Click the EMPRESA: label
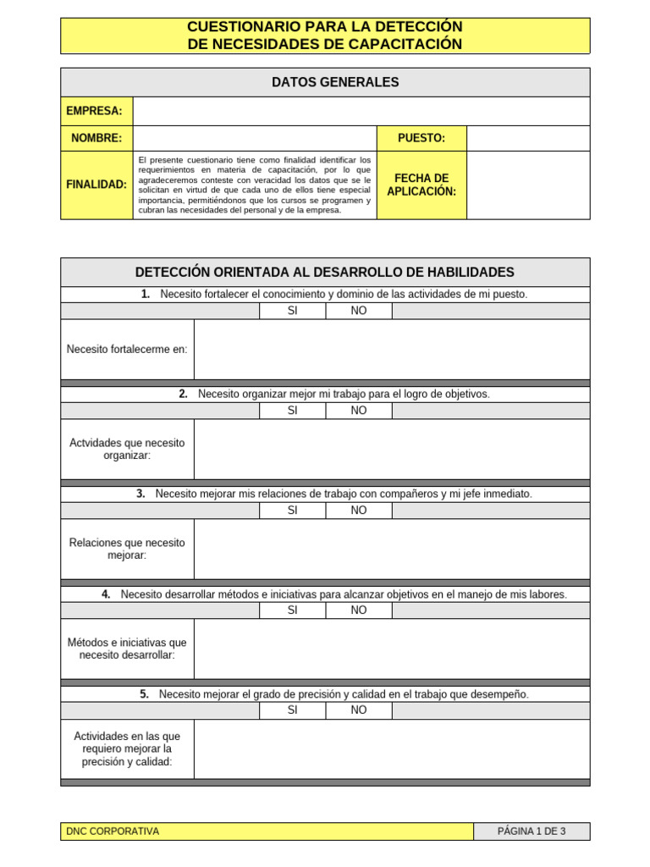point(96,111)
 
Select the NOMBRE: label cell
point(96,138)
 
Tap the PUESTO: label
point(421,138)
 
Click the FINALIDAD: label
point(96,185)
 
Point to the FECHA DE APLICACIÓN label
point(421,185)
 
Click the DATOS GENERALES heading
point(325,82)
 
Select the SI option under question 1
point(293,311)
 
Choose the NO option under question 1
point(359,311)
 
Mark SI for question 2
point(293,411)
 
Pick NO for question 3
point(359,511)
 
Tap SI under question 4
point(293,610)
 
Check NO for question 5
point(359,710)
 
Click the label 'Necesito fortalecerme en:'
point(127,349)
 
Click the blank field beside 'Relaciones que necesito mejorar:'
point(391,549)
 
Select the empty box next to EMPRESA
point(361,111)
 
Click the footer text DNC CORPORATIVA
point(113,831)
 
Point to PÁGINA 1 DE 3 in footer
point(532,831)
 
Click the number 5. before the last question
point(145,694)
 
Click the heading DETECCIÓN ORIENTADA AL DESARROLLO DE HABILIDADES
point(325,272)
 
